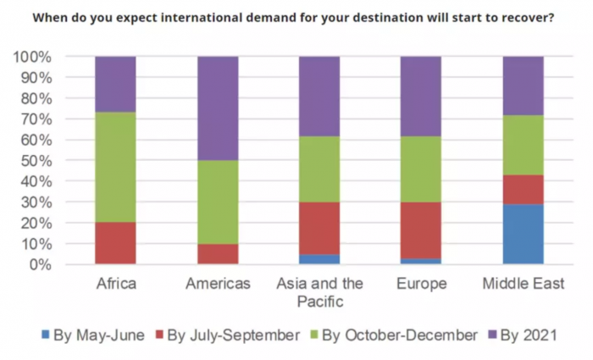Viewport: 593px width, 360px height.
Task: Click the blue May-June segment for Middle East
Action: point(524,234)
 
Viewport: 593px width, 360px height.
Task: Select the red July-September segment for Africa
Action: point(115,243)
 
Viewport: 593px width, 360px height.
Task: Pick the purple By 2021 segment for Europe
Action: point(421,97)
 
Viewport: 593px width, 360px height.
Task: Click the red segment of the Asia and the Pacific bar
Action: point(319,228)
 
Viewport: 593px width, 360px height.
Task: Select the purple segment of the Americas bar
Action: point(218,108)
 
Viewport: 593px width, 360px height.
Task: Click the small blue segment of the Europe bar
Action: point(421,261)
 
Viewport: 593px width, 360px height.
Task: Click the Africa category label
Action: point(115,284)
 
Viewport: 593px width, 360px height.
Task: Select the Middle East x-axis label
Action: point(524,284)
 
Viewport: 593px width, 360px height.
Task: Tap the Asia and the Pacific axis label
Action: point(319,291)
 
